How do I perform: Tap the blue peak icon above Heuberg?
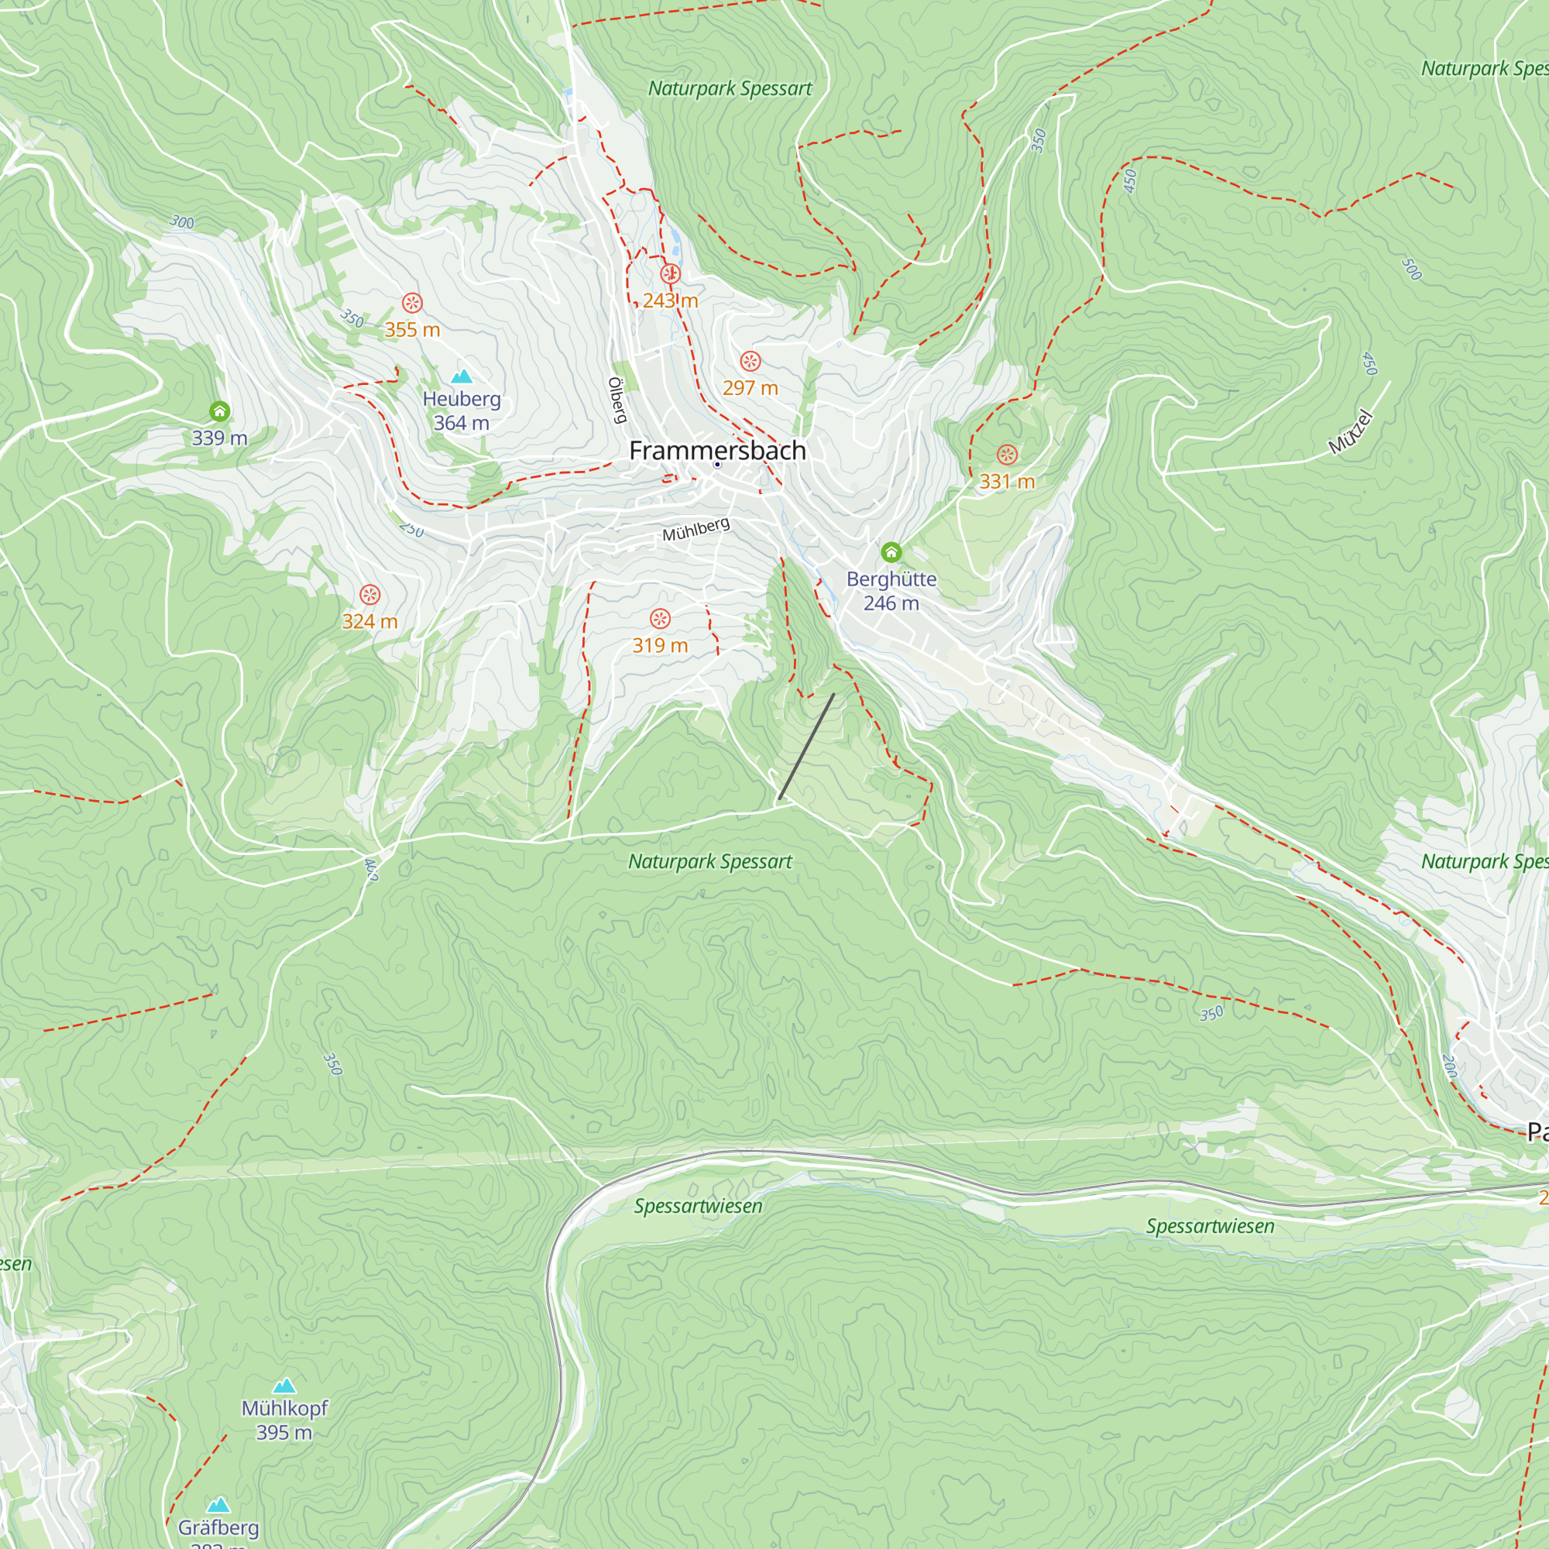tap(461, 376)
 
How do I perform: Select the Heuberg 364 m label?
tap(461, 410)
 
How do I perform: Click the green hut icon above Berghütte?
tap(891, 551)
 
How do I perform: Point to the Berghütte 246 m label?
tap(891, 591)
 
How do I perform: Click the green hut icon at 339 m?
tap(220, 411)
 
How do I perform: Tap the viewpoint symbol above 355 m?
tap(412, 303)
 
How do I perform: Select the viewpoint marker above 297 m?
tap(750, 361)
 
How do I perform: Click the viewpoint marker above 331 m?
tap(1007, 455)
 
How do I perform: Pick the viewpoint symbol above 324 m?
tap(369, 594)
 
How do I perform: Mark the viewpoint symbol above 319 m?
tap(660, 618)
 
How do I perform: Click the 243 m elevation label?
tap(670, 301)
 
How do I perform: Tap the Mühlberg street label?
tap(696, 529)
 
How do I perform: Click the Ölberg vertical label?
tap(617, 400)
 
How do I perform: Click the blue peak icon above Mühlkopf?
tap(284, 1386)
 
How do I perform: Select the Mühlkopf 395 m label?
tap(284, 1420)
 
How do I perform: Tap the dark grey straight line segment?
tap(805, 747)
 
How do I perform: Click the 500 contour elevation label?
tap(1411, 270)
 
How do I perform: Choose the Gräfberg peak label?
tap(218, 1527)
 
